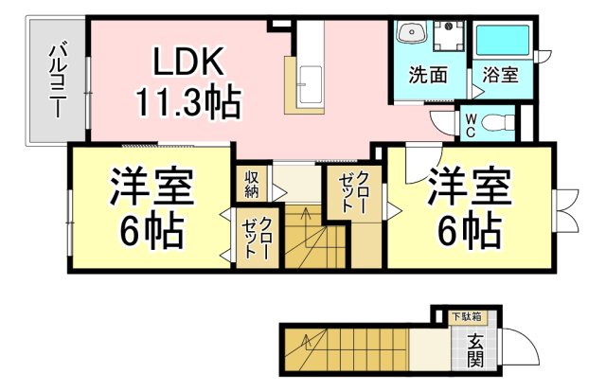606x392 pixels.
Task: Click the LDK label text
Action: pyautogui.click(x=188, y=62)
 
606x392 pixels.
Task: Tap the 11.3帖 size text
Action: pyautogui.click(x=189, y=102)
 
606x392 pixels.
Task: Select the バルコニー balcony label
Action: pyautogui.click(x=58, y=81)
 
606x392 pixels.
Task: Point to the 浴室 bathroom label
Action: pyautogui.click(x=500, y=74)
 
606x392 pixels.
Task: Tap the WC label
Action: pyautogui.click(x=471, y=125)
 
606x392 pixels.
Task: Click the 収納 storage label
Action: pyautogui.click(x=252, y=184)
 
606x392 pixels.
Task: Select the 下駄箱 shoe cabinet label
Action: pyautogui.click(x=467, y=316)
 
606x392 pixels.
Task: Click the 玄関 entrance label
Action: pyautogui.click(x=475, y=350)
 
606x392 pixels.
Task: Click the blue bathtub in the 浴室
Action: pyautogui.click(x=503, y=40)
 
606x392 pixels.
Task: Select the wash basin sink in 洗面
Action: pyautogui.click(x=412, y=31)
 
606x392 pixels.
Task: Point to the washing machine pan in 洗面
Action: pyautogui.click(x=448, y=36)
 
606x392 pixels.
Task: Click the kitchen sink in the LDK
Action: pyautogui.click(x=311, y=84)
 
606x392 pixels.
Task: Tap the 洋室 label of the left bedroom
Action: pyautogui.click(x=151, y=187)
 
